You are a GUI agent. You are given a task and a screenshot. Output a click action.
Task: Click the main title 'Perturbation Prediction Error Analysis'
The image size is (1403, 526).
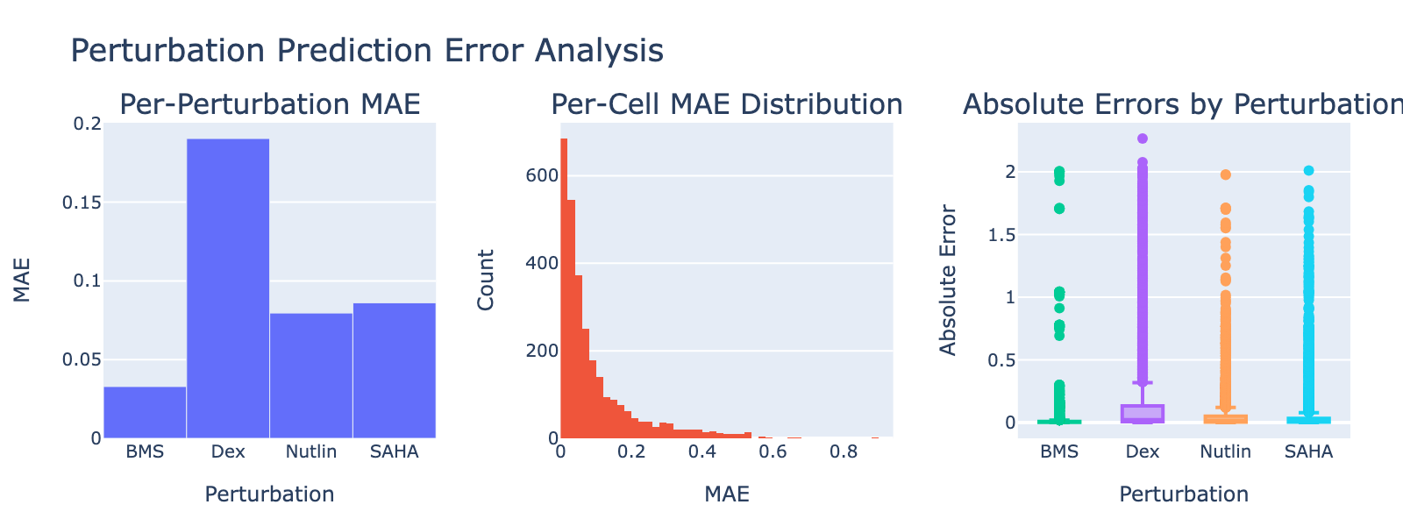click(367, 51)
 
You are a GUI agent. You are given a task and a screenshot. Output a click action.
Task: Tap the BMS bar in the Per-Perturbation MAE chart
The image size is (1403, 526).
click(145, 412)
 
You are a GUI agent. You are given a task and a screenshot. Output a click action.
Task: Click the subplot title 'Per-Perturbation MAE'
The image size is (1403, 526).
click(269, 105)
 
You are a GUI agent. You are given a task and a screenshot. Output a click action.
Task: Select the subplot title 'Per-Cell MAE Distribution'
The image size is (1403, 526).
click(727, 105)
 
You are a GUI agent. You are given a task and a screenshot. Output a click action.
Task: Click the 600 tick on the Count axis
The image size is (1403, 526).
click(541, 175)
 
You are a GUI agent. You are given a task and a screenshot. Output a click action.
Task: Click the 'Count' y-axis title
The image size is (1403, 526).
click(486, 280)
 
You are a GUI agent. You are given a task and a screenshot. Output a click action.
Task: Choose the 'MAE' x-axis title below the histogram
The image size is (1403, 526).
click(727, 494)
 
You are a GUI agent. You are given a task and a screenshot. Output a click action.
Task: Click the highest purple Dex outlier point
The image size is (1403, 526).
click(1143, 139)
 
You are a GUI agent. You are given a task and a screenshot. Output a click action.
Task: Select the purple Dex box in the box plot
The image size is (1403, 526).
click(1143, 413)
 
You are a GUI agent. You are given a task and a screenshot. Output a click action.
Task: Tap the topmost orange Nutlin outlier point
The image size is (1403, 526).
click(1226, 174)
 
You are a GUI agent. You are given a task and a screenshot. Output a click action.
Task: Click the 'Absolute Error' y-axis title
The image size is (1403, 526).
click(948, 280)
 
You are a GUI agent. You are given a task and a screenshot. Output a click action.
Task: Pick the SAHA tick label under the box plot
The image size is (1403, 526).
click(1308, 452)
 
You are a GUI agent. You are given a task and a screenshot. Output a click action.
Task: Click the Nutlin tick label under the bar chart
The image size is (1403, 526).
click(311, 452)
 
